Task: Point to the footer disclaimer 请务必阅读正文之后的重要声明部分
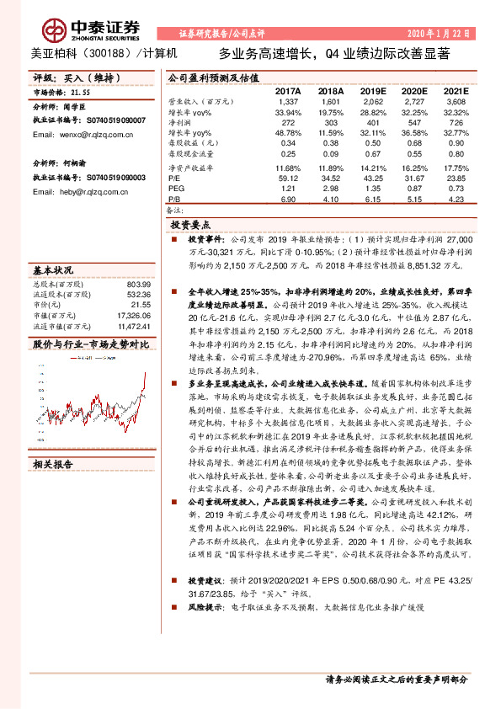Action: pos(396,679)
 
